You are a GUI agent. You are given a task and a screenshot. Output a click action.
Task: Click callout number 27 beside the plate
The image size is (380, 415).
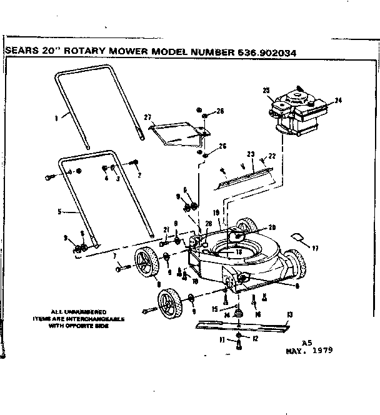click(148, 117)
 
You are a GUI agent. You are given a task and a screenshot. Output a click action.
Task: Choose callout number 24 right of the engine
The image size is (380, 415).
click(339, 100)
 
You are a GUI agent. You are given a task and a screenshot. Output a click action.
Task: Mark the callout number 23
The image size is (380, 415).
click(251, 153)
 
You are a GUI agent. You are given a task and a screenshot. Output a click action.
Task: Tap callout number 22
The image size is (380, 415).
click(272, 156)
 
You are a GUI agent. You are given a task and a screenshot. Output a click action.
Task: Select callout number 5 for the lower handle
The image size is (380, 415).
click(58, 211)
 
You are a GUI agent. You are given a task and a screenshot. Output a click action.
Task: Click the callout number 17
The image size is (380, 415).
click(315, 249)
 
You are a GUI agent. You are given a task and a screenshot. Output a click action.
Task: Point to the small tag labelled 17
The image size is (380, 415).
click(299, 237)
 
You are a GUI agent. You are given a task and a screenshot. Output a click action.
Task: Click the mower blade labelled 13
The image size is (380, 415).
click(241, 325)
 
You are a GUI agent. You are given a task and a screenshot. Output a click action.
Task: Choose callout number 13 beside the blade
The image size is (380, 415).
click(289, 314)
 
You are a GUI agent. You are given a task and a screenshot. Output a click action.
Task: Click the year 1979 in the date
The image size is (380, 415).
click(321, 350)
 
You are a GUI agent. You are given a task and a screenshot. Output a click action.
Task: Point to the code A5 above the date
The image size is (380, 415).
click(306, 342)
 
